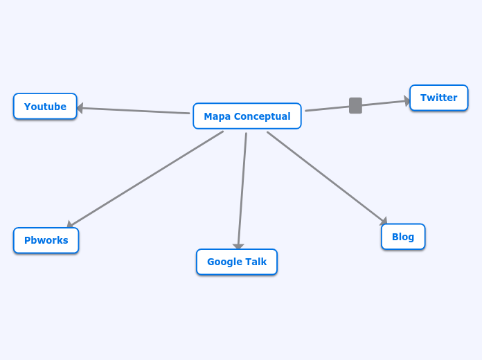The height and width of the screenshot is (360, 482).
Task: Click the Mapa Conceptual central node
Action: click(247, 116)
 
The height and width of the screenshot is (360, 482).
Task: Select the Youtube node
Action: click(45, 107)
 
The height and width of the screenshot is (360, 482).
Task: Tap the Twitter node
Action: click(438, 98)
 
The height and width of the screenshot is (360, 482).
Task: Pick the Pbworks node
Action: click(46, 240)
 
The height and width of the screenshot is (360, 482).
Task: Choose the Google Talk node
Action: click(236, 262)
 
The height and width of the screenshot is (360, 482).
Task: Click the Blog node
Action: click(402, 237)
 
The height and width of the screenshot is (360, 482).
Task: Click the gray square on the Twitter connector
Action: click(355, 105)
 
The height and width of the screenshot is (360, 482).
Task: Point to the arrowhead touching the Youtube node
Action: click(80, 108)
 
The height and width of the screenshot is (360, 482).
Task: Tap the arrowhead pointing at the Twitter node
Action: click(407, 101)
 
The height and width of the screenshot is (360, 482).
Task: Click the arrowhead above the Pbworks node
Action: click(70, 224)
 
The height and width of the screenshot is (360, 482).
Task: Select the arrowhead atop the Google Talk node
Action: click(238, 246)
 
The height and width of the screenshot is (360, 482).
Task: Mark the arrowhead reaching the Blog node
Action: click(384, 221)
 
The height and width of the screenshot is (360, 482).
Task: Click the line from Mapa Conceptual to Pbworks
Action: click(145, 179)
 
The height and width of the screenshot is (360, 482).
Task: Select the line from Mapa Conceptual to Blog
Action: click(325, 177)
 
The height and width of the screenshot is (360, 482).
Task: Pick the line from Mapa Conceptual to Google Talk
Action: click(242, 190)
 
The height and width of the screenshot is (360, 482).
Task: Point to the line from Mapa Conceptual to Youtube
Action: click(135, 111)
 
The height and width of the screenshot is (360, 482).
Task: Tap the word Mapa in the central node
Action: click(217, 116)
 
